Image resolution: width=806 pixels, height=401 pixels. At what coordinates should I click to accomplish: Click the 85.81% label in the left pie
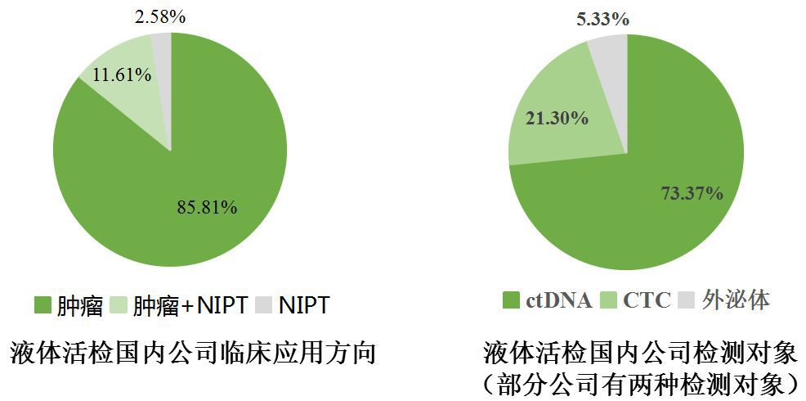pos(207,207)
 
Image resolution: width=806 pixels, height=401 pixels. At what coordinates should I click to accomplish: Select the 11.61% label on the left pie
pos(121,74)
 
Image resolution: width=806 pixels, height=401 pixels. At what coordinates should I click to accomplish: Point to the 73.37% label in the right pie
pos(691,193)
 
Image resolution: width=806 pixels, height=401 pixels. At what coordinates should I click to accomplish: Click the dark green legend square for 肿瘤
pos(43,306)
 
